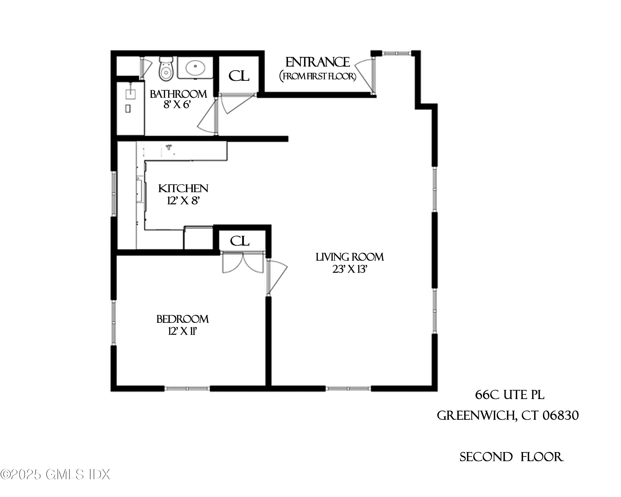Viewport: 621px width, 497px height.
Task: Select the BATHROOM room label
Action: tap(178, 94)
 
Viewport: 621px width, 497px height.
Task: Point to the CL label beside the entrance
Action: tap(239, 76)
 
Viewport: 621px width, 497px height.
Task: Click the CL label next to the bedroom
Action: tap(240, 241)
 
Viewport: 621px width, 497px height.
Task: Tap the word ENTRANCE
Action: tap(317, 62)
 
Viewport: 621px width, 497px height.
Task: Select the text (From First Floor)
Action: tap(318, 76)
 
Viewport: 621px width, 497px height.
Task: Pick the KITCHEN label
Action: tap(183, 189)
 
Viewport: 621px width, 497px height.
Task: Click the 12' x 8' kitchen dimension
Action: tap(183, 201)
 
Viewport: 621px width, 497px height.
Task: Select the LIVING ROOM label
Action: tap(350, 257)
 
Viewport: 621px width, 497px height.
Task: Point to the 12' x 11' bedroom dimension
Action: tap(182, 332)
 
